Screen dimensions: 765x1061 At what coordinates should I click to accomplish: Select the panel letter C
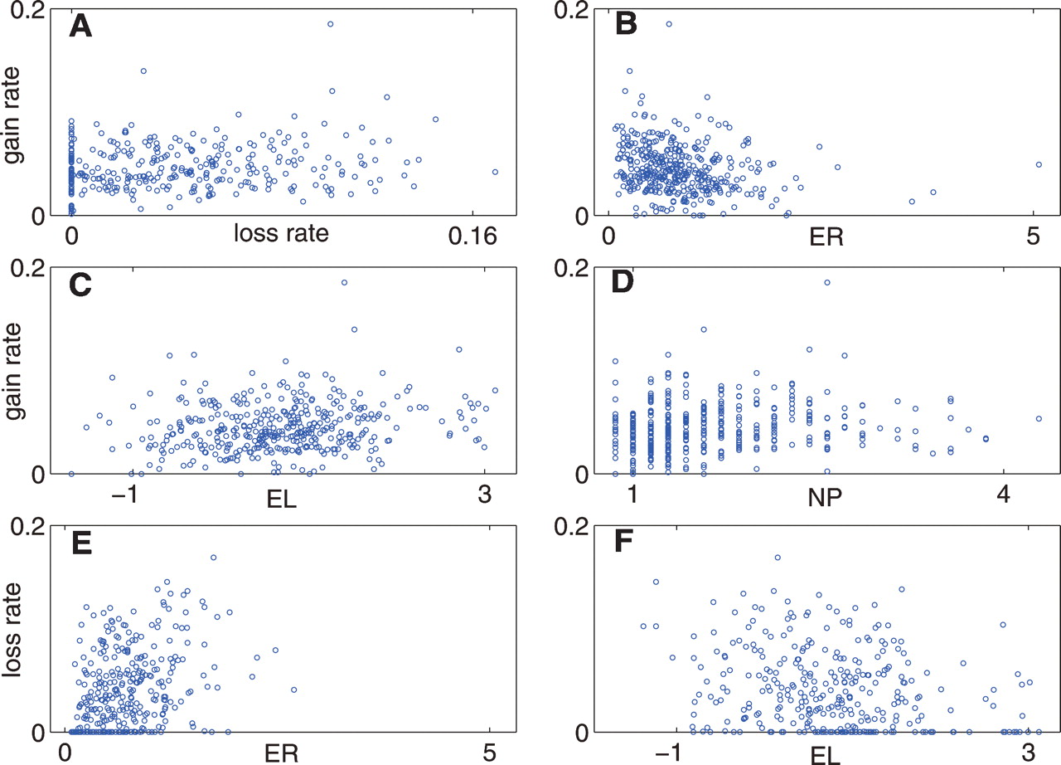[x=80, y=285]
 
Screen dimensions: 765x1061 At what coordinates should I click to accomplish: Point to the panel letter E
[x=80, y=544]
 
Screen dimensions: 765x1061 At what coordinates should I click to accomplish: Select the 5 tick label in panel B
[x=1033, y=236]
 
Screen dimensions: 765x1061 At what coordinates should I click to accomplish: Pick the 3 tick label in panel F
[x=1027, y=753]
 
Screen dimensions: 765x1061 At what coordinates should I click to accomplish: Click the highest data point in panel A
[x=330, y=24]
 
